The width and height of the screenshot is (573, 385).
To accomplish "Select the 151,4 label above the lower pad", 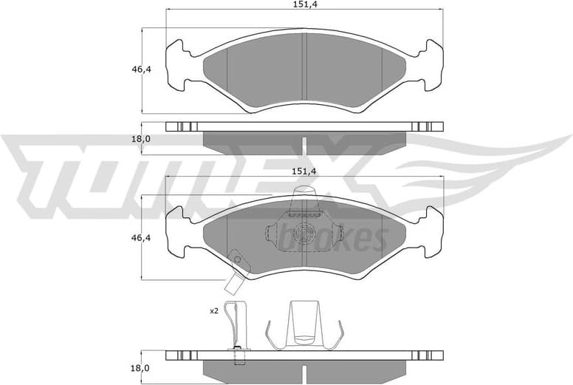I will (304, 171).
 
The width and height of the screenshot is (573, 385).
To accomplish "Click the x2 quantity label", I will (214, 311).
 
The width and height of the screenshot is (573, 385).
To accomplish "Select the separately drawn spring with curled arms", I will (304, 325).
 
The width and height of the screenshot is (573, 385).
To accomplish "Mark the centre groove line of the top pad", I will (304, 70).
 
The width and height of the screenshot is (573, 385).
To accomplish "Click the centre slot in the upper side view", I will (304, 143).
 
